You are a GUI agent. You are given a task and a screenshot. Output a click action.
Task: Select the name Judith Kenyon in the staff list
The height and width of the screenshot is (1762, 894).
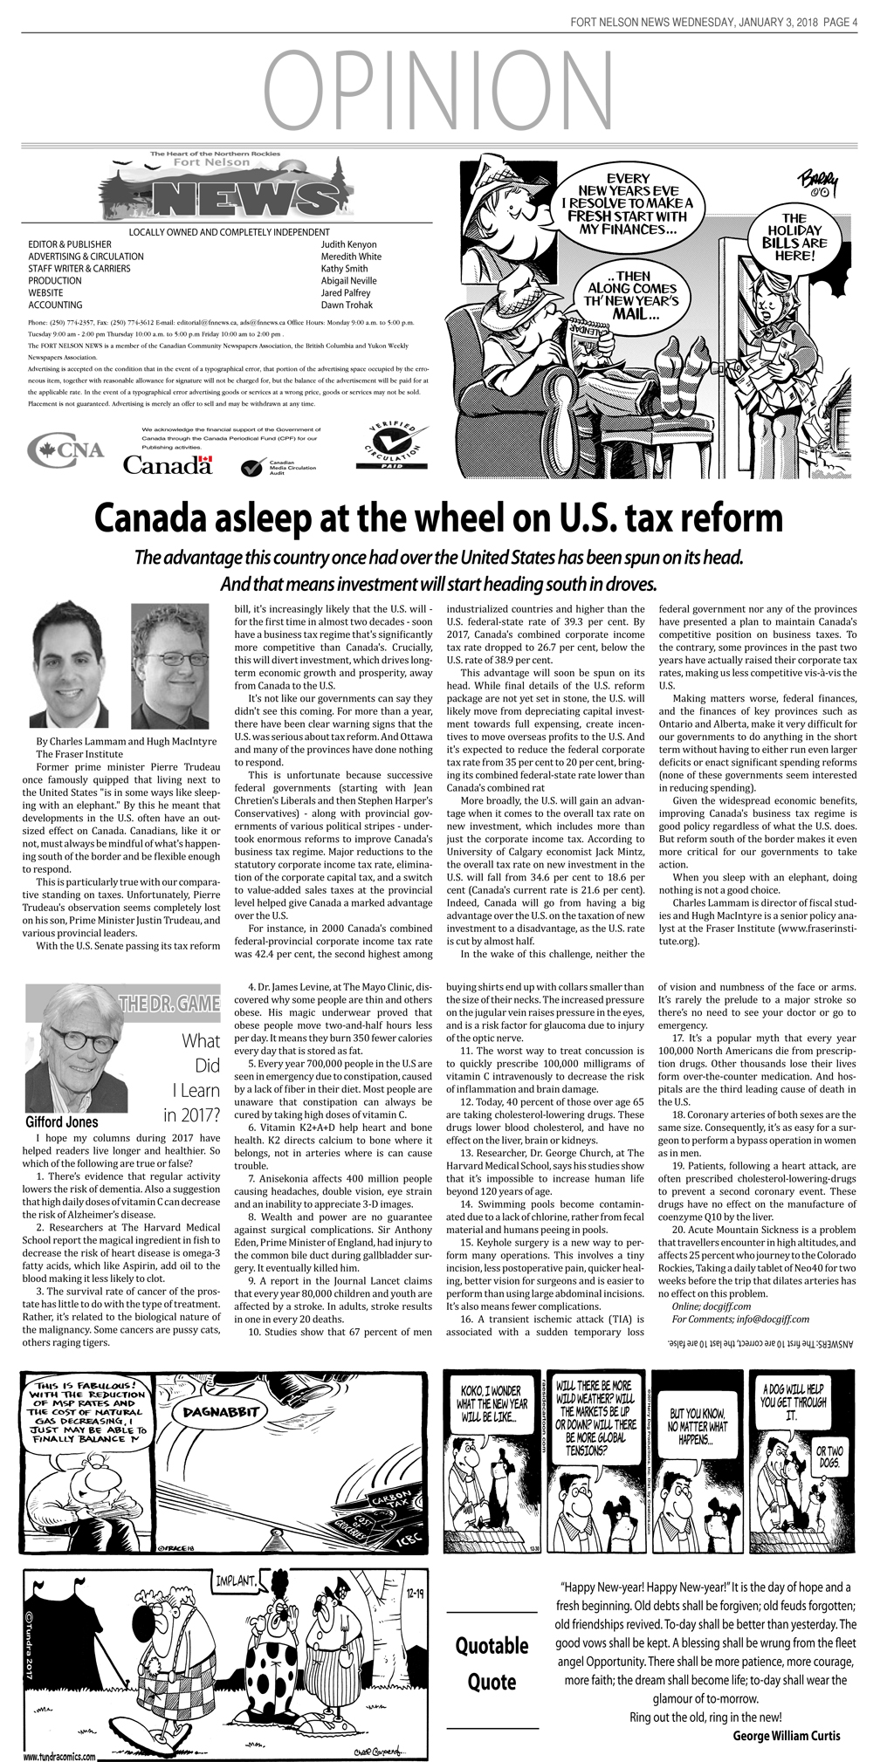coord(348,244)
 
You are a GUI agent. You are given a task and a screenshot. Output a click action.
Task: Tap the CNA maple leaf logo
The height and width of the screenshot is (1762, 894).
coord(65,449)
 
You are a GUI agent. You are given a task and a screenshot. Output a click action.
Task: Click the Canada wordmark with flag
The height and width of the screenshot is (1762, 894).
coord(168,464)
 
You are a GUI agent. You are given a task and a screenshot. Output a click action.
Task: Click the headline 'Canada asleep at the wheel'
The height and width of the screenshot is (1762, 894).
coord(438,518)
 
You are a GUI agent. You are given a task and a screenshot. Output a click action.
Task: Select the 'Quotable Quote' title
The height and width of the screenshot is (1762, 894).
coord(492,1663)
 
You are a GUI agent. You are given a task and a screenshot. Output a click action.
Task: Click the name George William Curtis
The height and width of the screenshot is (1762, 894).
coord(786,1735)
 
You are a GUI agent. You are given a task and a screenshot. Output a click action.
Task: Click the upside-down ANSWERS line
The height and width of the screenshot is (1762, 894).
coord(761,1345)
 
